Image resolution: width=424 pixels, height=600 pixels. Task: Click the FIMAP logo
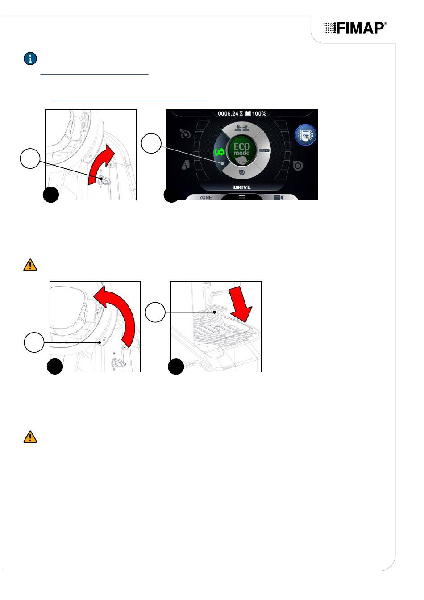coord(355,28)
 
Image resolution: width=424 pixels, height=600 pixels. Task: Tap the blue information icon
coord(30,58)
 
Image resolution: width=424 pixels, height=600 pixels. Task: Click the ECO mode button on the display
coord(241,150)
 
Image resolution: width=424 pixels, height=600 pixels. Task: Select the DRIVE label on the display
coord(241,187)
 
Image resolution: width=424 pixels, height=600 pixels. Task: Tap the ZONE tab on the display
coord(205,197)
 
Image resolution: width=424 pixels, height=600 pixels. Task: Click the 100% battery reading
coord(259,113)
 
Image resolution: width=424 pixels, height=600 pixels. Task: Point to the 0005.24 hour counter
coord(228,113)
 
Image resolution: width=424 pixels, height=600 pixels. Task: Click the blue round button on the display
coord(305,135)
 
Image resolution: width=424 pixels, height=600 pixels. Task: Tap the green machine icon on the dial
coord(220,152)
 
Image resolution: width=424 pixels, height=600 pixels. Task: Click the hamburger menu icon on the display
coord(241,197)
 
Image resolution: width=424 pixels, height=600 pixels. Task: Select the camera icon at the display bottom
coord(279,197)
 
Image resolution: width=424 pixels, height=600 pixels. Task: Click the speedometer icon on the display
coord(185,133)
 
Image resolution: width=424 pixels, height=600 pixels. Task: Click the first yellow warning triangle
coord(30,265)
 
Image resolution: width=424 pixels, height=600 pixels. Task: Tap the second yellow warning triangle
coord(30,437)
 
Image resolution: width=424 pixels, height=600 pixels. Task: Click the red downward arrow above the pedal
coord(241,303)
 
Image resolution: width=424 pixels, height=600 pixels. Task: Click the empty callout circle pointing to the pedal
coord(155,312)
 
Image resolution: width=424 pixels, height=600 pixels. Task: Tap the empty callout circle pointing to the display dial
coord(151,143)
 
